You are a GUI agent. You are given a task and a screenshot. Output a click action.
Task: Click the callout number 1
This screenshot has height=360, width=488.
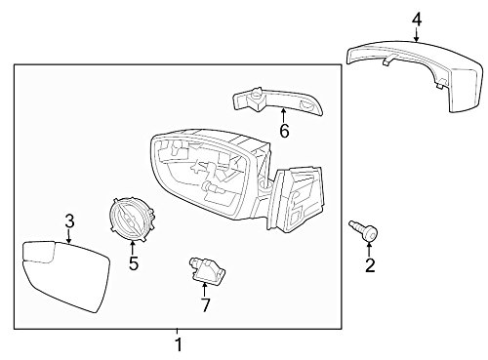[177, 344]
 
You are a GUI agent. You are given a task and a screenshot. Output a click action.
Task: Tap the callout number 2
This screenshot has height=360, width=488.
[370, 264]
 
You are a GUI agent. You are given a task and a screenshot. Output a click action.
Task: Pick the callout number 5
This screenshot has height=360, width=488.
[134, 264]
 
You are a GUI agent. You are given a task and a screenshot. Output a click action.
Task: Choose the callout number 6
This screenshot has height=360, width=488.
[284, 132]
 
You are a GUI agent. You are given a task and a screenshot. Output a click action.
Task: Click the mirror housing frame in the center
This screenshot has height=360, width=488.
[205, 171]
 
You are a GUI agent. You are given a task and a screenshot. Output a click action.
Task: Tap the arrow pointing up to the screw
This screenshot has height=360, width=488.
[369, 248]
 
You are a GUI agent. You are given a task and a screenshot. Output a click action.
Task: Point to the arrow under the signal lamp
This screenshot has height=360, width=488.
[283, 115]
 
